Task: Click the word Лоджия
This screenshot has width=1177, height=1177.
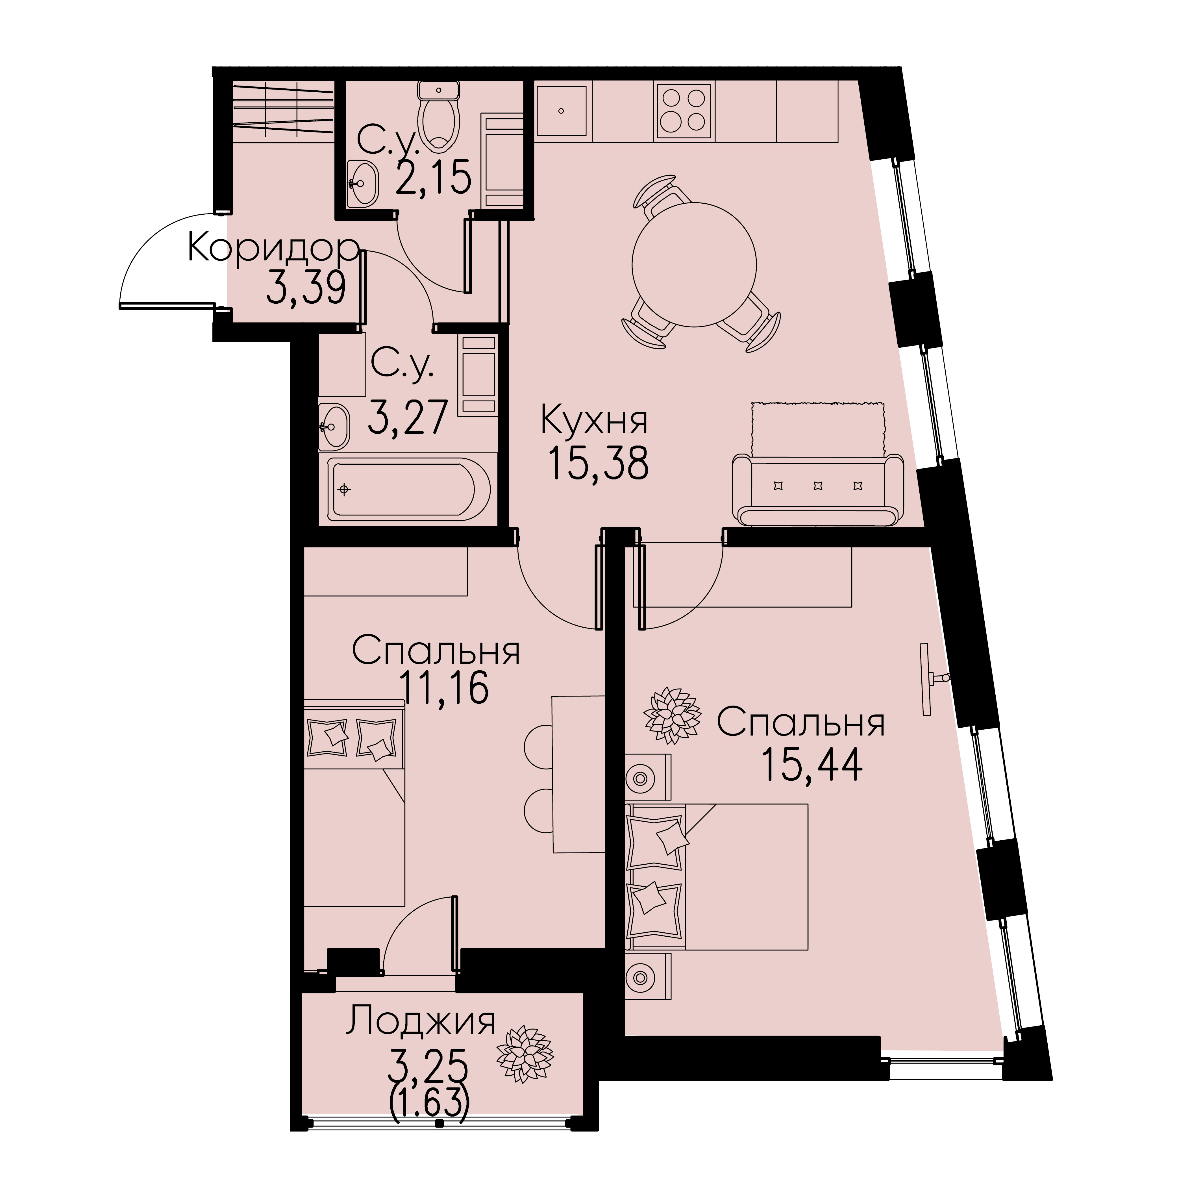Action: point(421,1021)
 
